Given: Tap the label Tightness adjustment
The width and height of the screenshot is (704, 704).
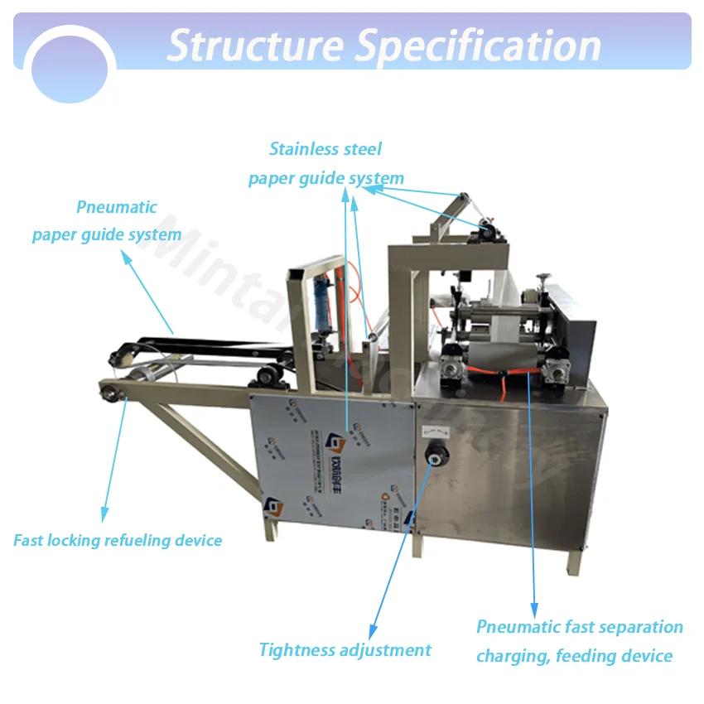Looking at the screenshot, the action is pos(345,650).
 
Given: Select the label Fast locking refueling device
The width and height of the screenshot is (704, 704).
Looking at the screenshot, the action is pos(118,541).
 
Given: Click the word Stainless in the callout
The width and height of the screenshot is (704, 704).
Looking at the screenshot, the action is pos(303,149).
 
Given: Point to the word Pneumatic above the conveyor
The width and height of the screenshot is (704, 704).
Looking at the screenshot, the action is pos(117,207).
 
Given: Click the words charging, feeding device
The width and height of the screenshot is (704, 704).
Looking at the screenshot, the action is pos(574,656).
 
